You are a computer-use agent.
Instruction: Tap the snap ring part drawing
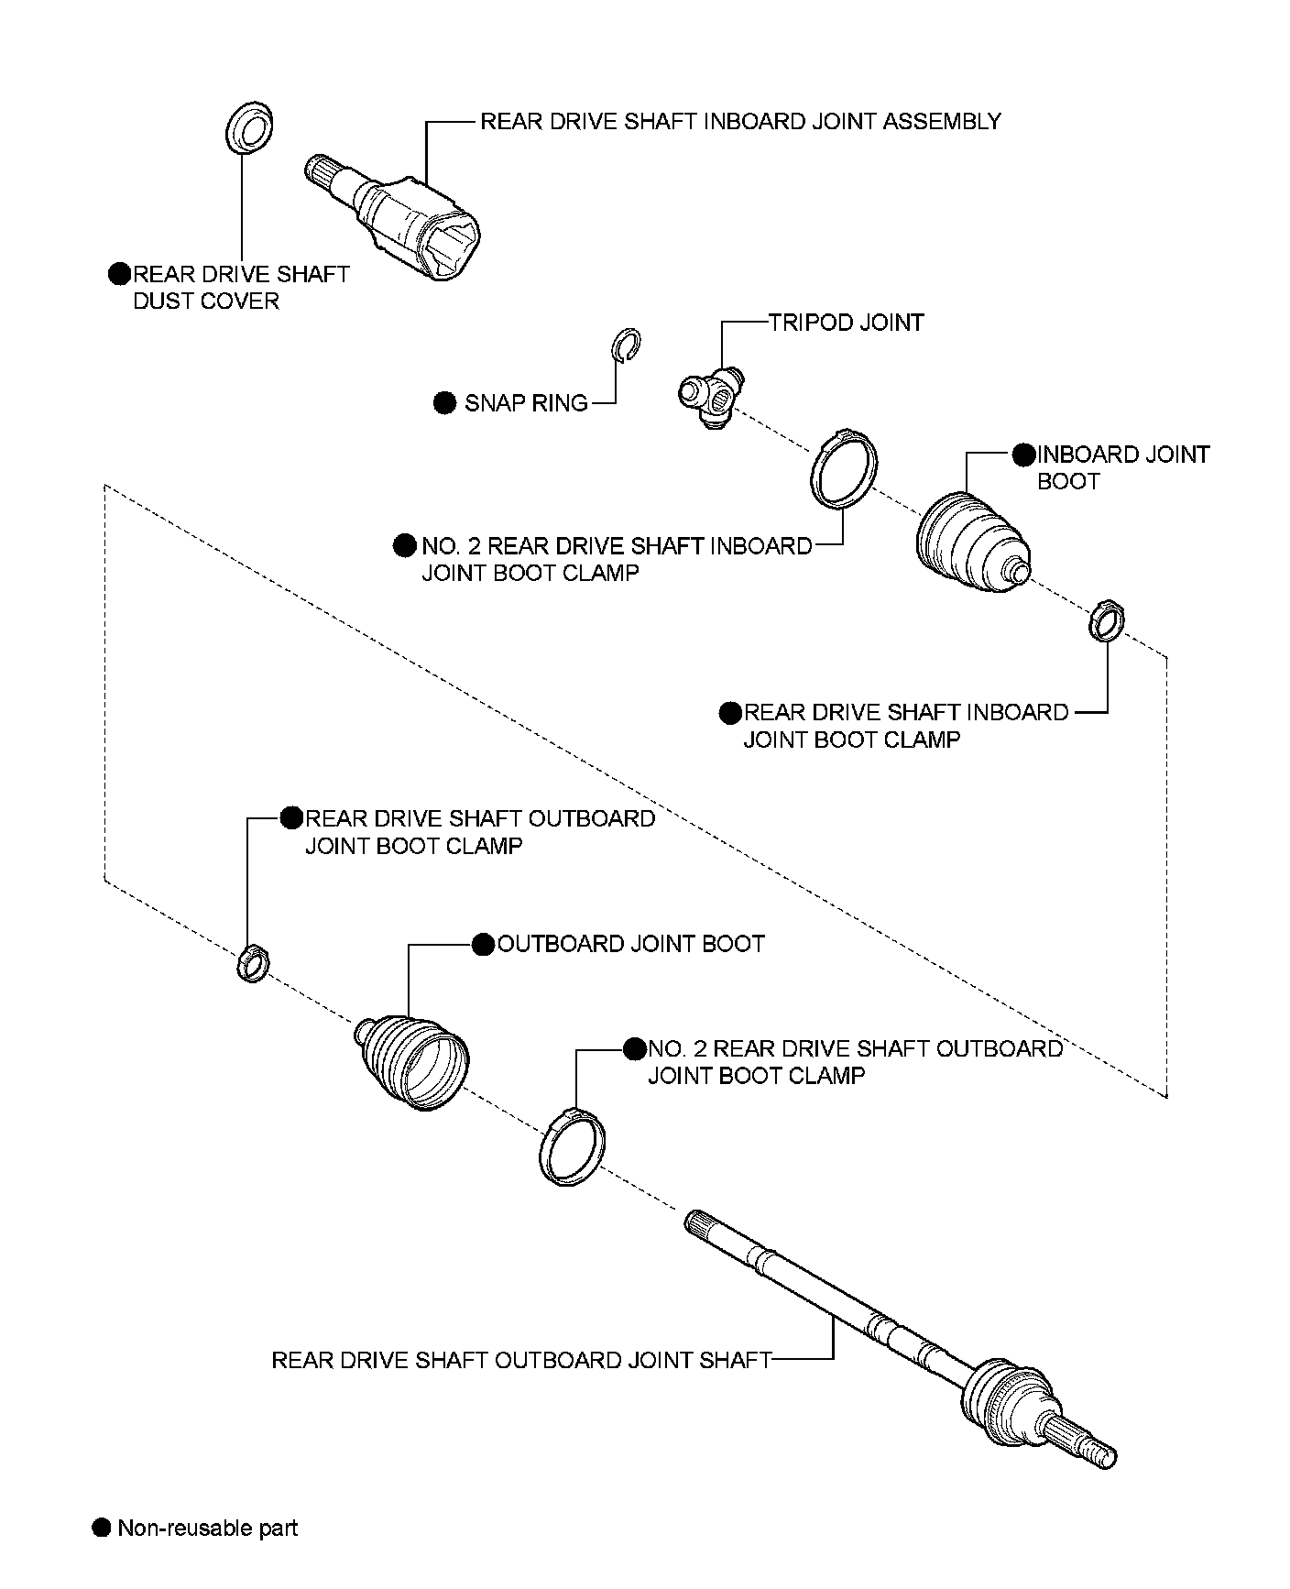click(626, 345)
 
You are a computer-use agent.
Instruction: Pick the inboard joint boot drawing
click(971, 542)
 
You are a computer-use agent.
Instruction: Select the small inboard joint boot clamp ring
click(1106, 619)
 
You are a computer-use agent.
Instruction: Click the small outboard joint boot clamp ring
click(252, 963)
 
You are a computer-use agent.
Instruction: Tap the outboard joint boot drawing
click(414, 1060)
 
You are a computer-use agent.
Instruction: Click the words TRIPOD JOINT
click(846, 323)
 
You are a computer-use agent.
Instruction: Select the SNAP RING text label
click(526, 403)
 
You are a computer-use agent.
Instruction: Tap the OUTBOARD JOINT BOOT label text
click(630, 944)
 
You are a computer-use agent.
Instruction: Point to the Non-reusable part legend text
click(208, 1528)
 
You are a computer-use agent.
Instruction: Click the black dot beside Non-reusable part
click(102, 1528)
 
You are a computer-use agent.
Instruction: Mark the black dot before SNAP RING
click(444, 403)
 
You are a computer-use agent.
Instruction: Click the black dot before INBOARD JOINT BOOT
click(1023, 455)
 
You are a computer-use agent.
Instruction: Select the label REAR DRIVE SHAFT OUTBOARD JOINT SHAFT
click(521, 1360)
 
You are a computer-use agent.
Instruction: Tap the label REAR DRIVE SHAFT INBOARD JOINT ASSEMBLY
click(740, 121)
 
